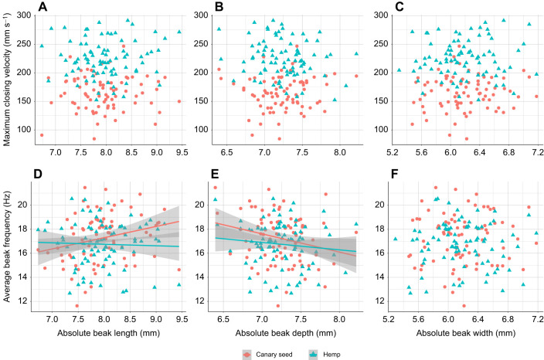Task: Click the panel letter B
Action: pyautogui.click(x=218, y=8)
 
